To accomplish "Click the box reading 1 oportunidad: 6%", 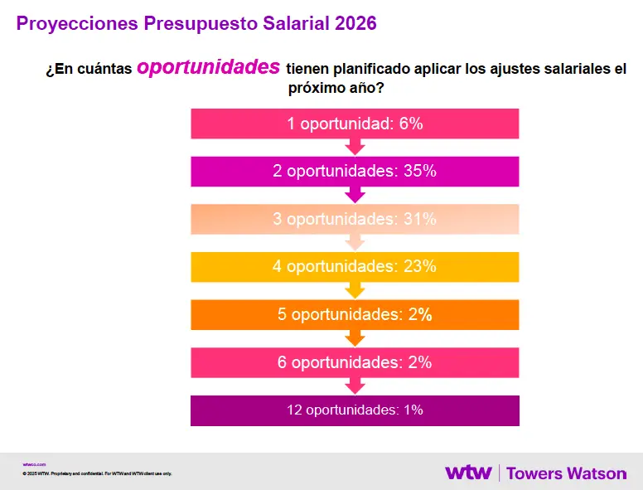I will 355,124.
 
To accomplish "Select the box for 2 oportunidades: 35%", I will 355,172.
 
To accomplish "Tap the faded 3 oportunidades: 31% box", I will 355,219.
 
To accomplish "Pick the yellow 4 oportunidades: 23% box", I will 355,267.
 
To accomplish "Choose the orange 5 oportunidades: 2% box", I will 355,315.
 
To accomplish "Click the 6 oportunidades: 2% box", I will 355,362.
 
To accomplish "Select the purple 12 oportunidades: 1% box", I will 355,410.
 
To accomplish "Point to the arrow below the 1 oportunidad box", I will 355,148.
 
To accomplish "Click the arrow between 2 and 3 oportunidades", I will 355,196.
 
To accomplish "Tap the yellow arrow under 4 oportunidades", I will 355,291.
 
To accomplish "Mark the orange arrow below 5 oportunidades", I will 355,338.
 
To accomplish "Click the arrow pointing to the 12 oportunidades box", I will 355,386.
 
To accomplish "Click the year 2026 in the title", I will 355,23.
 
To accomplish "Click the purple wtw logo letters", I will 468,473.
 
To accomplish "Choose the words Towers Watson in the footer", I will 566,473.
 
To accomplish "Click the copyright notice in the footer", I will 97,473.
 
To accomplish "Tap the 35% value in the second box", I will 419,172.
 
